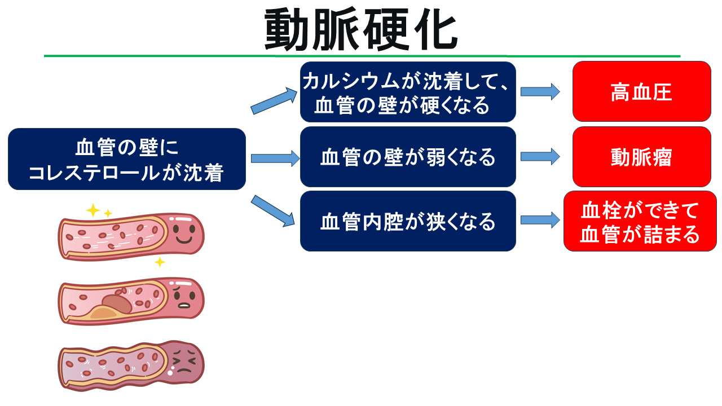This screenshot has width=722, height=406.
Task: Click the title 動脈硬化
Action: (361, 29)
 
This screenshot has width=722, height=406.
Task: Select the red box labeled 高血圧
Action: (642, 91)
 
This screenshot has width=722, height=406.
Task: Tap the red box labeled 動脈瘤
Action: (642, 157)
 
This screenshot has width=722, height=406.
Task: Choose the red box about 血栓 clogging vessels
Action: (640, 221)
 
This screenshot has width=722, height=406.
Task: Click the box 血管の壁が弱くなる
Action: (408, 157)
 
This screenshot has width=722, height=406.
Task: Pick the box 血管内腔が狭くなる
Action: (408, 221)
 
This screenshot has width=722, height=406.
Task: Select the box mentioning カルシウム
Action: (408, 92)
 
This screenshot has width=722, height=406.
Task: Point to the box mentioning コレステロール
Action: (127, 159)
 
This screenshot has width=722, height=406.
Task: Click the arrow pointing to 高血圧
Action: (540, 92)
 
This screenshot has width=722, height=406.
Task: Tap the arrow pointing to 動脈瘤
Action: (540, 157)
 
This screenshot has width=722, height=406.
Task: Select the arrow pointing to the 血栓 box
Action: (540, 220)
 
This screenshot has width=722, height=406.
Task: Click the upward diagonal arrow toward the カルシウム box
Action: (274, 101)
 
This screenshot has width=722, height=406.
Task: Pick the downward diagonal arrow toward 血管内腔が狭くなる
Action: (273, 211)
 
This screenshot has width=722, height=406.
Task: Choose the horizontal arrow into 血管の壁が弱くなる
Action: (275, 158)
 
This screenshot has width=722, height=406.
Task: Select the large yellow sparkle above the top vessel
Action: (93, 210)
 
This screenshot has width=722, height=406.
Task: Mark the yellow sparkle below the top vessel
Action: (160, 262)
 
